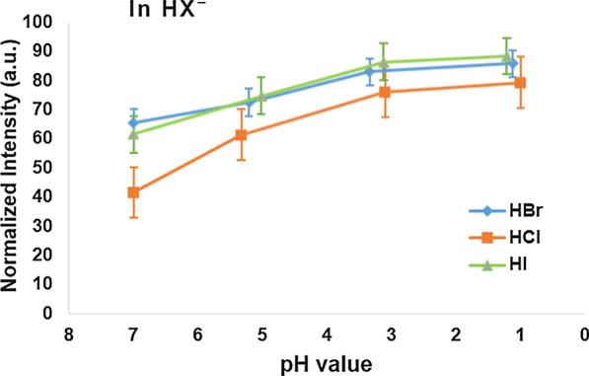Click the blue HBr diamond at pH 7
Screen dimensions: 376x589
tap(133, 123)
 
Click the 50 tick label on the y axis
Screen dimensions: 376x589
tap(41, 167)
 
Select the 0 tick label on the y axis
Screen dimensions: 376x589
tap(45, 313)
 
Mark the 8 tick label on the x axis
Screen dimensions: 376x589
tap(68, 335)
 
